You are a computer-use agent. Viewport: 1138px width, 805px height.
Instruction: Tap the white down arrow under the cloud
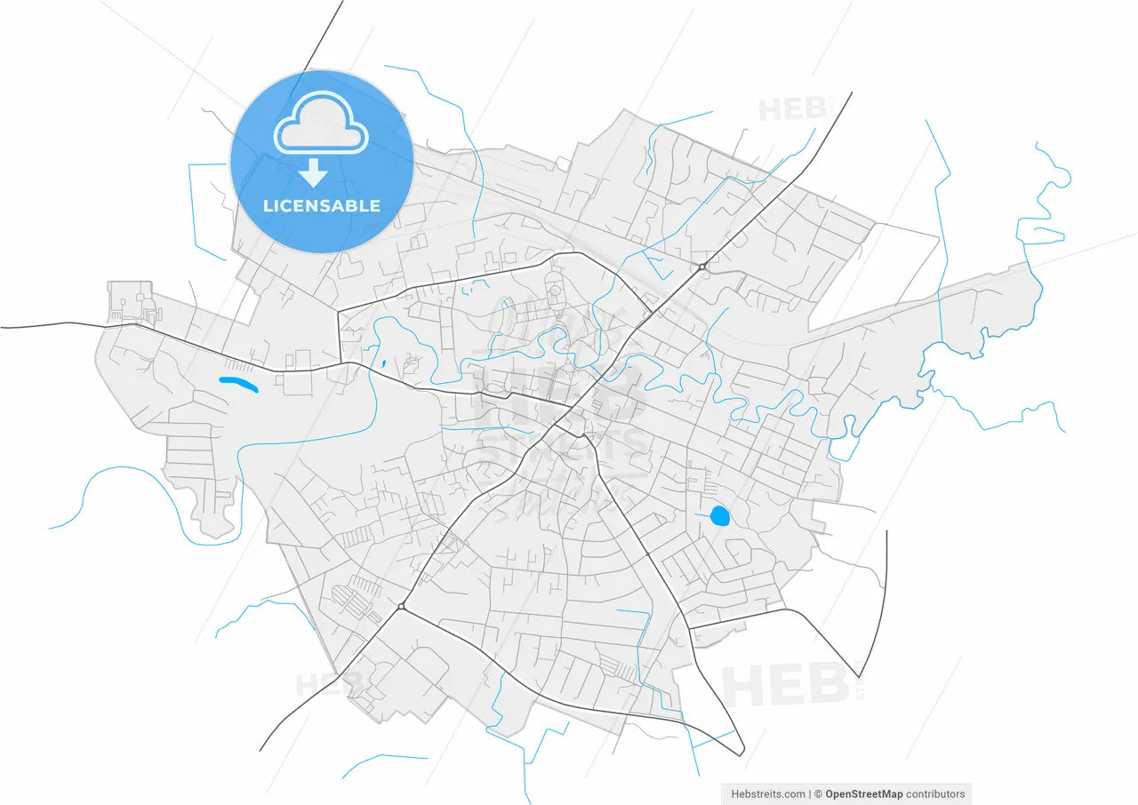tap(313, 172)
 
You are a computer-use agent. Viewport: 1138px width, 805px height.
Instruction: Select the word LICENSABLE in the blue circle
tap(322, 206)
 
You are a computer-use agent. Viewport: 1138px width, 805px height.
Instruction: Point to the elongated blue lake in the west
tap(238, 385)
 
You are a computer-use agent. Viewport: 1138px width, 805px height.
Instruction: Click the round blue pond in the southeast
tap(719, 515)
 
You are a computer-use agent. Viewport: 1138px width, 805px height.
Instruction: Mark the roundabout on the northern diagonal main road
tap(701, 267)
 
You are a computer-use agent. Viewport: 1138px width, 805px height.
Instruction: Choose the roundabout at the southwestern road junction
tap(402, 607)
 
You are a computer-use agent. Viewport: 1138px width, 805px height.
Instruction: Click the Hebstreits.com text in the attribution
tap(768, 794)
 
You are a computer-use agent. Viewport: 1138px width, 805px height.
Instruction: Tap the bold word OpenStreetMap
tap(863, 794)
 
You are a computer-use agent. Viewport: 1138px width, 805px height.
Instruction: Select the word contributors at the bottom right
tap(935, 794)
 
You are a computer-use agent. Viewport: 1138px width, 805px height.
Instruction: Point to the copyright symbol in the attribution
tap(818, 794)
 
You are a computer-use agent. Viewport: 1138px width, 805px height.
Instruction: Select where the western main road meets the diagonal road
tap(569, 410)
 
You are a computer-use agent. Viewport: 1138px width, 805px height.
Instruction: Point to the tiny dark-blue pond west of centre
tap(382, 363)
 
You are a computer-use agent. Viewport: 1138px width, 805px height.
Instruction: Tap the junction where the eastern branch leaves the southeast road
tap(691, 629)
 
